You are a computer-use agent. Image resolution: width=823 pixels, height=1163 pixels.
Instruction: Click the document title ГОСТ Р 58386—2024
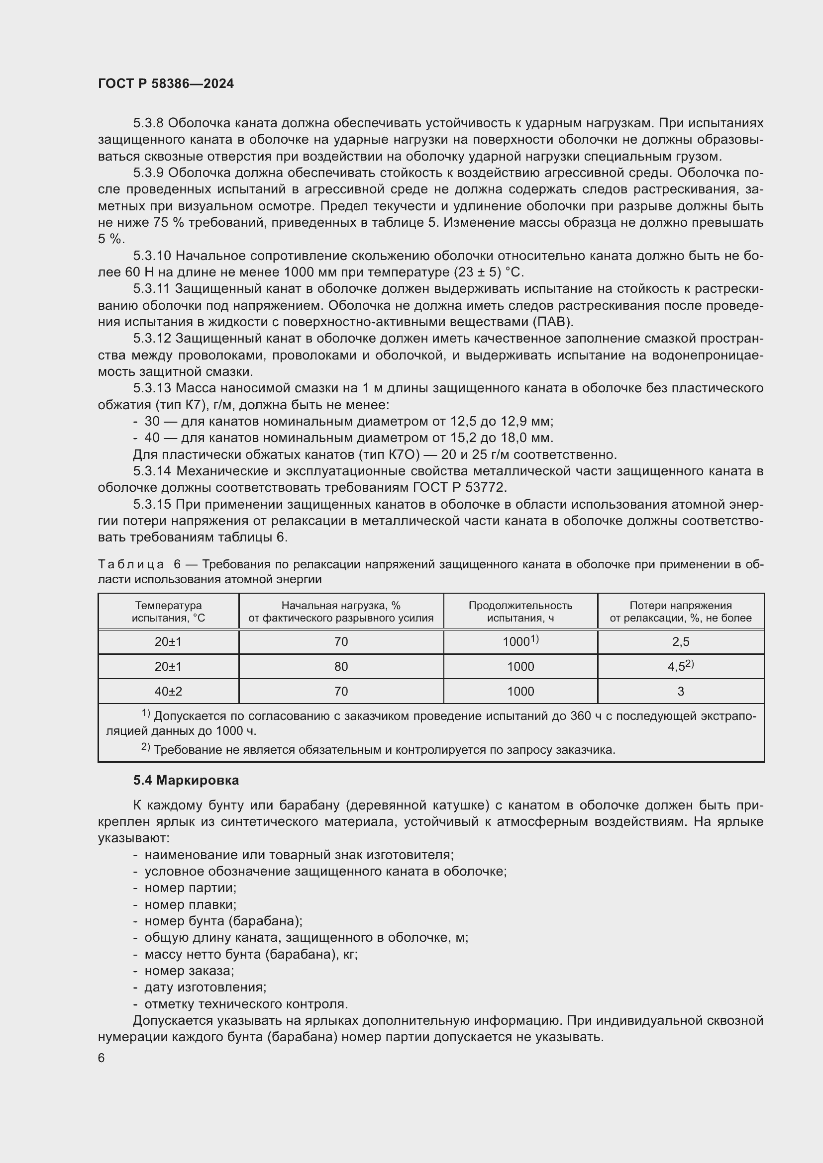[x=166, y=84]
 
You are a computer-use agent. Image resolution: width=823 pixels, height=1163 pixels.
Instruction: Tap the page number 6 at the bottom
[x=102, y=1058]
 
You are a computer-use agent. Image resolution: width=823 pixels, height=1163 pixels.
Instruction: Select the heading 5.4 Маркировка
[x=186, y=781]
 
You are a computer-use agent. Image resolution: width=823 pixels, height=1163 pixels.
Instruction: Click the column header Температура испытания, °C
[x=168, y=612]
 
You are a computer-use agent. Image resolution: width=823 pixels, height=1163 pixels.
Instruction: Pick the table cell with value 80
[x=341, y=667]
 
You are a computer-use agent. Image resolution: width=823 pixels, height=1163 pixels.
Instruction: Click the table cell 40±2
[x=168, y=692]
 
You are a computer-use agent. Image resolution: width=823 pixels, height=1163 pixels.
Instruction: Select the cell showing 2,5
[x=681, y=642]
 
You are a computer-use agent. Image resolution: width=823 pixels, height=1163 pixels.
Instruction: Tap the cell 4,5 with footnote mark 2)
[x=681, y=666]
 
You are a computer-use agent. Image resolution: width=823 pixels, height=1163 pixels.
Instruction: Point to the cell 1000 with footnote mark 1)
[x=520, y=641]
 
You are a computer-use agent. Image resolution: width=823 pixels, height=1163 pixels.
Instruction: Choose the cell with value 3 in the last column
[x=681, y=692]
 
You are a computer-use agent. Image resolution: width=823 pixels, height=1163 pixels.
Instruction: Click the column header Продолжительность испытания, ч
[x=520, y=612]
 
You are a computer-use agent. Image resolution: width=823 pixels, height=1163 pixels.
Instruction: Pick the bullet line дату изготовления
[x=205, y=987]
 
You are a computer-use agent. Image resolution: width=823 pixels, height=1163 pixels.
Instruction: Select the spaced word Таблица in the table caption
[x=131, y=564]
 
